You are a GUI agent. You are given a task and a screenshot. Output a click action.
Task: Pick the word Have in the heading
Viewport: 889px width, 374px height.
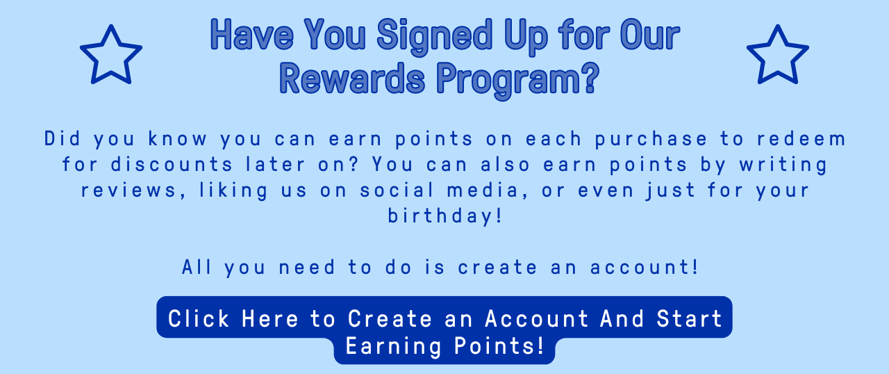(x=252, y=35)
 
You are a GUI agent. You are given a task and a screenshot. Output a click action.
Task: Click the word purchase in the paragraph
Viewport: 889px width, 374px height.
(x=651, y=140)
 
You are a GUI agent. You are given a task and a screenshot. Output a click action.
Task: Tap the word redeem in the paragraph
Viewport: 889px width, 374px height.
(x=801, y=139)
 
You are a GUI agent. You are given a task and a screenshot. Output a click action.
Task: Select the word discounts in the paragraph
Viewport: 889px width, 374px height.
(x=172, y=164)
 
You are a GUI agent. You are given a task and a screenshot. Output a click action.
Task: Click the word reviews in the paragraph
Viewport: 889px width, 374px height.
(x=128, y=190)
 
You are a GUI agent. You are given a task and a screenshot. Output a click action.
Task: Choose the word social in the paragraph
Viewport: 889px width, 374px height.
(x=397, y=190)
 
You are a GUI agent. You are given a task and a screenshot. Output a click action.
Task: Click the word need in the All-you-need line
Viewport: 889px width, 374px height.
(x=307, y=267)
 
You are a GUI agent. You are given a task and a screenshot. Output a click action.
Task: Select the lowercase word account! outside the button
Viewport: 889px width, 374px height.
(x=644, y=267)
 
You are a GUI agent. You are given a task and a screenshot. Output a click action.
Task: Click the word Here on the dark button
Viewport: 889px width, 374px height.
(x=270, y=319)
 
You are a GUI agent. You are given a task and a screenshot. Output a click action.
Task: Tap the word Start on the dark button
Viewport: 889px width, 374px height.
(x=690, y=319)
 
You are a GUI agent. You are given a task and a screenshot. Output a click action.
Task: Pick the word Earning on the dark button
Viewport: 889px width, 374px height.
(x=394, y=347)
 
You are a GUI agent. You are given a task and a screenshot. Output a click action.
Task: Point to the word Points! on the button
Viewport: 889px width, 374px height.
(x=499, y=345)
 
